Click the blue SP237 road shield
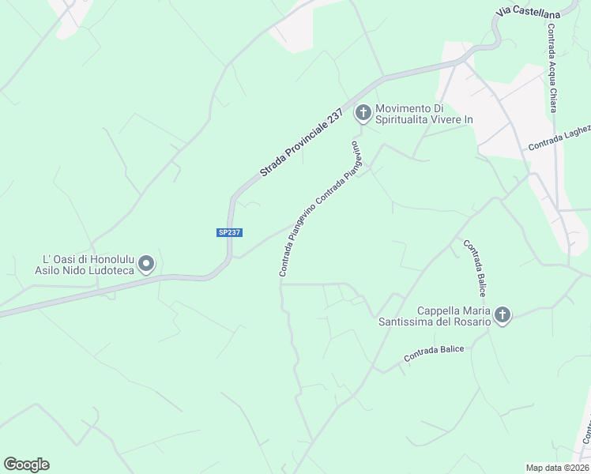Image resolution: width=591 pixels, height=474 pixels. click(229, 232)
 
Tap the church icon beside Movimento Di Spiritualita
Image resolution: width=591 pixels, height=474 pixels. click(363, 114)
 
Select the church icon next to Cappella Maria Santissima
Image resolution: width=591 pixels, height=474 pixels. click(502, 316)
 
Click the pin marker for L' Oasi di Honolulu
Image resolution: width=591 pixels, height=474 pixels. click(145, 264)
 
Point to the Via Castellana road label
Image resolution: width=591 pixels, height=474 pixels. click(529, 13)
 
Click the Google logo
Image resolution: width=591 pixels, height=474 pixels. click(27, 465)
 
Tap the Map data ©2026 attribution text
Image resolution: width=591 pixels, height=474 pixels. click(557, 468)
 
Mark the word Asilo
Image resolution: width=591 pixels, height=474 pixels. click(49, 270)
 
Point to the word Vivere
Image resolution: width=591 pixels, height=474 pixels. click(445, 119)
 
